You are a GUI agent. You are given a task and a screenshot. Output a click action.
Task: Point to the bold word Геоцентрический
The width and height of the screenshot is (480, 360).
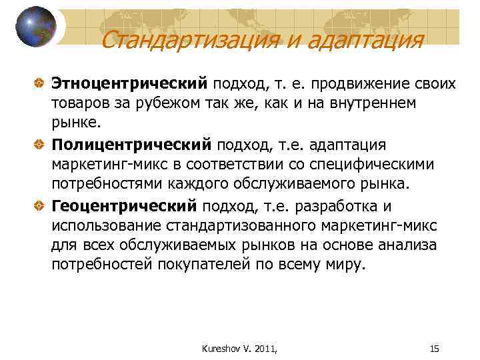(x=125, y=205)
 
